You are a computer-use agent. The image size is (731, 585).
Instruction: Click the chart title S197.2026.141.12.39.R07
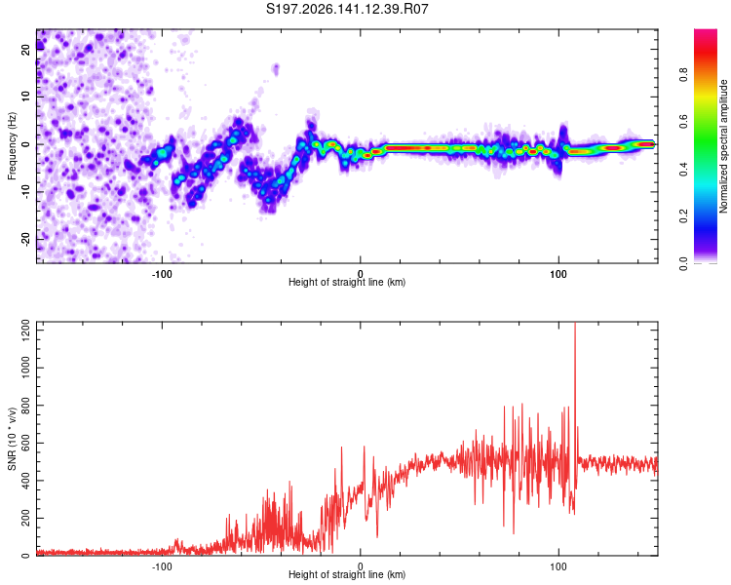pyautogui.click(x=347, y=9)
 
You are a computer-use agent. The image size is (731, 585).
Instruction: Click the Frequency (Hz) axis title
pyautogui.click(x=12, y=146)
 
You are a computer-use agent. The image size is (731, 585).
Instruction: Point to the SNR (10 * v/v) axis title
pyautogui.click(x=12, y=439)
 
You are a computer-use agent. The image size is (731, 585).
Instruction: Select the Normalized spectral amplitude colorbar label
pyautogui.click(x=723, y=146)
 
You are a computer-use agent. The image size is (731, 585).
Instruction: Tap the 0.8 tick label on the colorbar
pyautogui.click(x=683, y=75)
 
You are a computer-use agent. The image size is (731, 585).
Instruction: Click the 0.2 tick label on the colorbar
pyautogui.click(x=683, y=216)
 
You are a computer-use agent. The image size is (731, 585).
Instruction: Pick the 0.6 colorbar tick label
pyautogui.click(x=683, y=122)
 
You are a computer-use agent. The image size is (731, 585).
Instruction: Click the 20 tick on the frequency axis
pyautogui.click(x=25, y=50)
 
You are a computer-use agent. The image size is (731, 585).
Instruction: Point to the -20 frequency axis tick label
pyautogui.click(x=25, y=240)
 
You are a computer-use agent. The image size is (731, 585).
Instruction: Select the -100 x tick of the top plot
pyautogui.click(x=162, y=274)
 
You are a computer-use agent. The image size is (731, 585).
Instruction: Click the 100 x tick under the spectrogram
pyautogui.click(x=558, y=274)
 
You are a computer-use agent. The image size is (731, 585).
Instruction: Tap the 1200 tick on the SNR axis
pyautogui.click(x=25, y=331)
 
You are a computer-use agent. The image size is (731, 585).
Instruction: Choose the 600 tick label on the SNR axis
pyautogui.click(x=25, y=444)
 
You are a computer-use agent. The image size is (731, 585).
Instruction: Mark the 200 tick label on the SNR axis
pyautogui.click(x=25, y=519)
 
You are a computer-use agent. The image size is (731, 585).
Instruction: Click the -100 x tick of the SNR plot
pyautogui.click(x=162, y=566)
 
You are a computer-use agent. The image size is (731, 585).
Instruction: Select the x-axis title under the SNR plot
pyautogui.click(x=347, y=574)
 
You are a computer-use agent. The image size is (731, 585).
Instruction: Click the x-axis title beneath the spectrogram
pyautogui.click(x=347, y=282)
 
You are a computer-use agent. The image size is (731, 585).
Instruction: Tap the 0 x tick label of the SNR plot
pyautogui.click(x=360, y=566)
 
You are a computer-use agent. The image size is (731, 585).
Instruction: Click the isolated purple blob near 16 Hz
pyautogui.click(x=276, y=69)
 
